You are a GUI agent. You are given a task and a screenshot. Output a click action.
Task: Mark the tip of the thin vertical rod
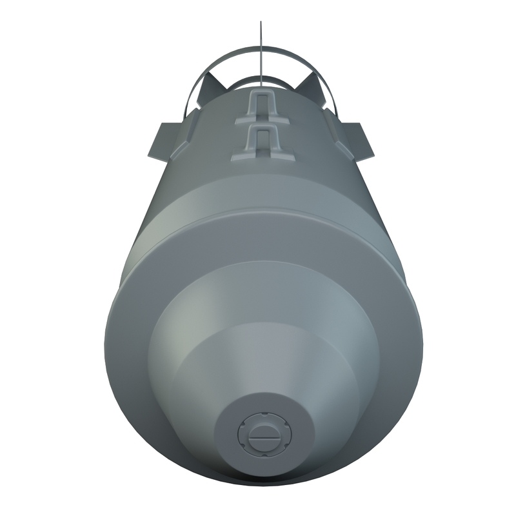261,23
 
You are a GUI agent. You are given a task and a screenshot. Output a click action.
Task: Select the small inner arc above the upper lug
261,80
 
